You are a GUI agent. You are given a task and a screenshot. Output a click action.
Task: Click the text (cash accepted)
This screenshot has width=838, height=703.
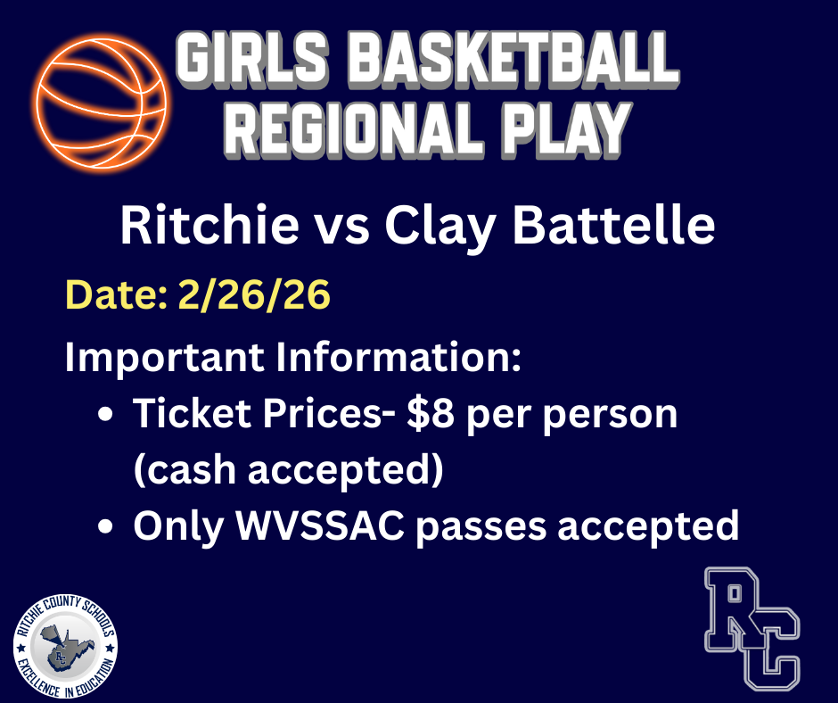coord(288,469)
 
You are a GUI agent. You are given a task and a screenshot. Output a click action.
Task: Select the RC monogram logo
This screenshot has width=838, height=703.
coord(752,627)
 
